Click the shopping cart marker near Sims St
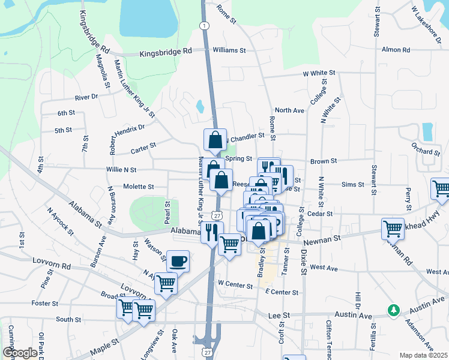(x=441, y=188)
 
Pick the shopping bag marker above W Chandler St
(x=215, y=140)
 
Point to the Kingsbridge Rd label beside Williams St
(x=165, y=53)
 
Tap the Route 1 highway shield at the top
(x=205, y=26)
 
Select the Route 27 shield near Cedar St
(x=216, y=215)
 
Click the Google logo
(x=20, y=353)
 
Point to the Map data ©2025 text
(x=423, y=355)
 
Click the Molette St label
(x=139, y=187)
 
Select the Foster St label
(x=45, y=303)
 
